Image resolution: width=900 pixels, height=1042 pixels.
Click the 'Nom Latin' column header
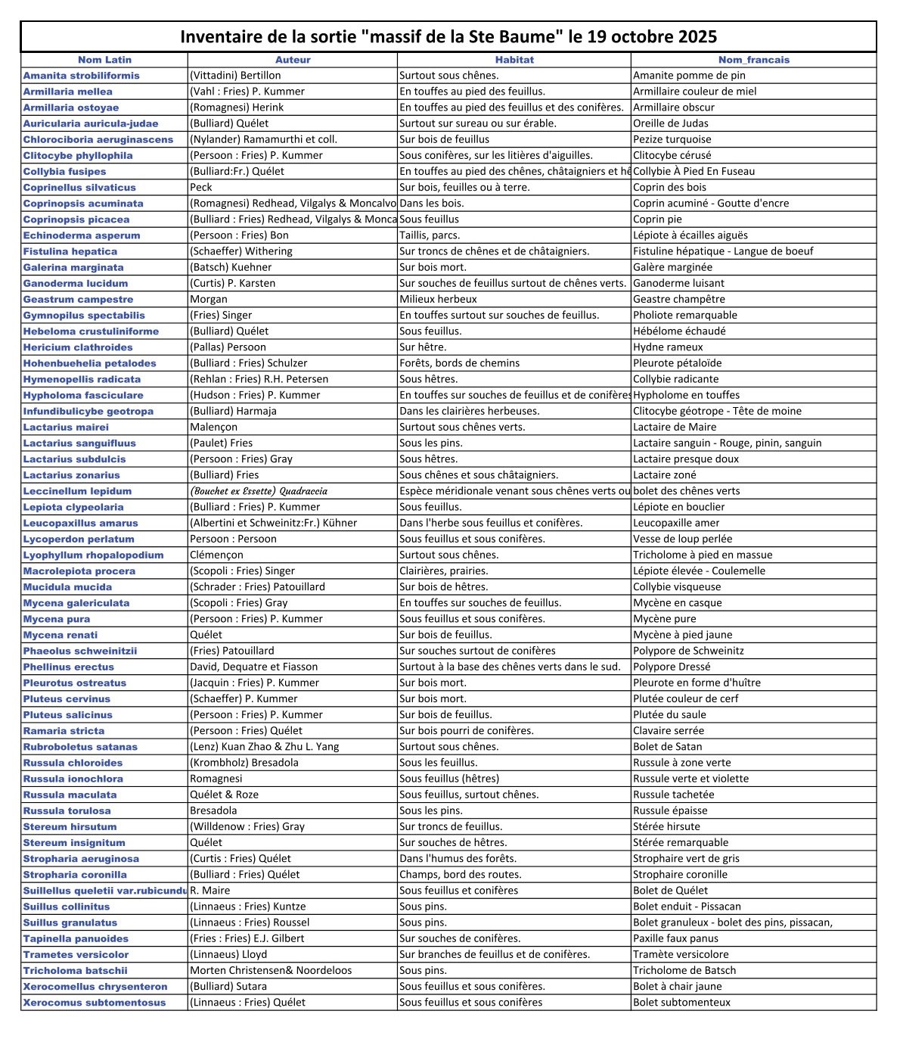[x=104, y=60]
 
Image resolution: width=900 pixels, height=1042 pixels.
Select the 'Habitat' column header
[x=514, y=60]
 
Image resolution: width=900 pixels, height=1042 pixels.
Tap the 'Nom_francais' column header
[x=753, y=60]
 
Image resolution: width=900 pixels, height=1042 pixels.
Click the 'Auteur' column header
[x=293, y=60]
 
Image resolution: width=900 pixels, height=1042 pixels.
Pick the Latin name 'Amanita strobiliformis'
[x=81, y=76]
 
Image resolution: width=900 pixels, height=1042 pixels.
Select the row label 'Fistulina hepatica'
[x=70, y=251]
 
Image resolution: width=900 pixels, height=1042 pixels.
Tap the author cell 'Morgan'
[x=209, y=299]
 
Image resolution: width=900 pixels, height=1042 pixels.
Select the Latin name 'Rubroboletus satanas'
[x=80, y=747]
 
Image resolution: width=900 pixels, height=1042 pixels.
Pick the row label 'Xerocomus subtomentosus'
[x=94, y=1003]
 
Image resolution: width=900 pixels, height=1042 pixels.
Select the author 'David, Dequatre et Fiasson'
[x=254, y=667]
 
